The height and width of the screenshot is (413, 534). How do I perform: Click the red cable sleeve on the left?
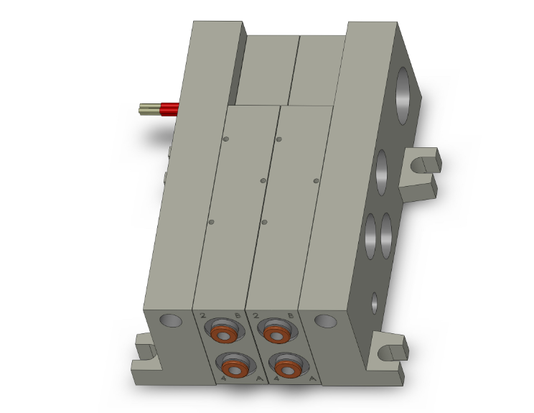[x=169, y=109]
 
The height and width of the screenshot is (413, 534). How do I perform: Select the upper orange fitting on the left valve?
[x=225, y=334]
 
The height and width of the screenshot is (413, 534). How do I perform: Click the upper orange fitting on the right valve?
[x=276, y=333]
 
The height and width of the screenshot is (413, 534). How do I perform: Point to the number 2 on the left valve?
[x=203, y=316]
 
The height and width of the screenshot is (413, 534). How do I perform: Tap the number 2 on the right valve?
[x=255, y=315]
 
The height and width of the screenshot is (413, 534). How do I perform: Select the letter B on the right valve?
[x=289, y=315]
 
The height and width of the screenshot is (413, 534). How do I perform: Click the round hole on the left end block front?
[x=170, y=320]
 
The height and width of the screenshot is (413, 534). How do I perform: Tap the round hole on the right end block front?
[x=325, y=320]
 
